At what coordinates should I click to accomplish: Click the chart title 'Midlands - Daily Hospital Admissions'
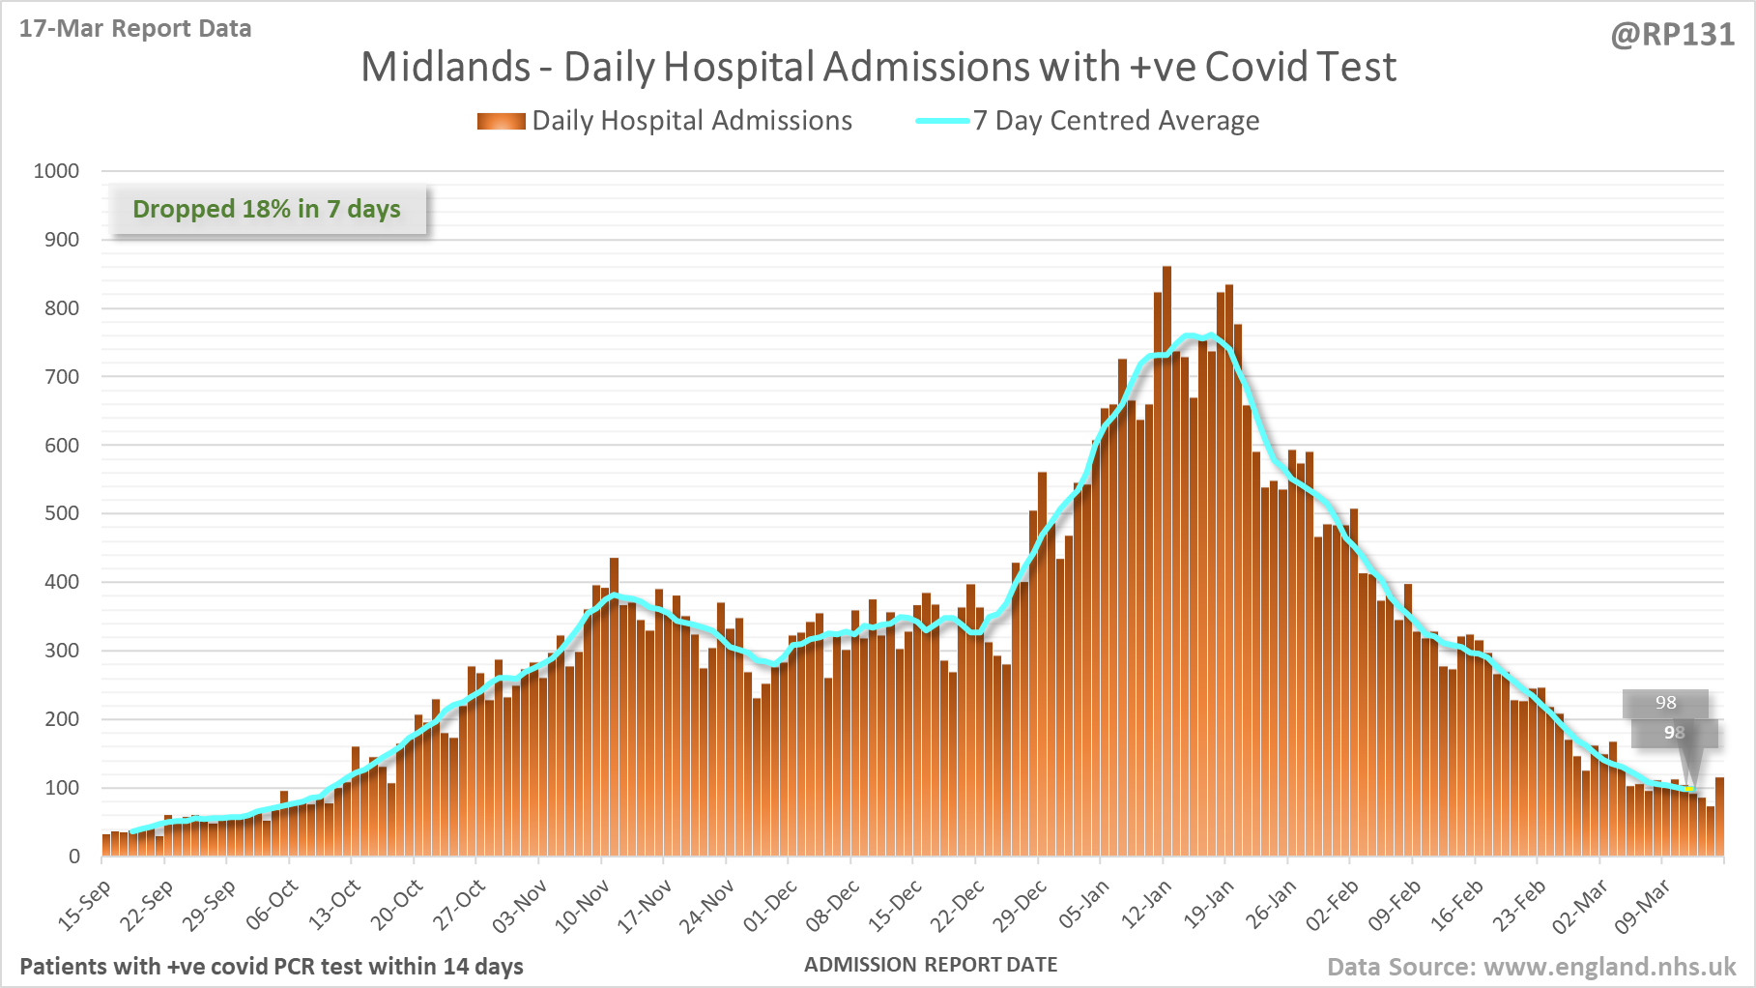click(x=878, y=68)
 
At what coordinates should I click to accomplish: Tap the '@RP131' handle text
click(x=1672, y=35)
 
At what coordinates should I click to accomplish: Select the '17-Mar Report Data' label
click(x=135, y=29)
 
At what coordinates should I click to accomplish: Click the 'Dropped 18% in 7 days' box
click(x=267, y=210)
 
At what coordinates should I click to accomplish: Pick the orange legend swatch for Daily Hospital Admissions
click(x=501, y=121)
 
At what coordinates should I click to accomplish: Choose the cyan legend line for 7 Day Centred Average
click(x=942, y=121)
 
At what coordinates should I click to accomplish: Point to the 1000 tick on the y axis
click(x=56, y=171)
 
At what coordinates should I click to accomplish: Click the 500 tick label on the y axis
click(x=62, y=513)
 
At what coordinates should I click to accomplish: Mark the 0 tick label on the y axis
click(x=73, y=857)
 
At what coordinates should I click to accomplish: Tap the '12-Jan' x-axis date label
click(x=1147, y=904)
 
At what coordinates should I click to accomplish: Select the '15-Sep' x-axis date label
click(x=86, y=905)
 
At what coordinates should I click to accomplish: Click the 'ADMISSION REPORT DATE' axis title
click(x=931, y=965)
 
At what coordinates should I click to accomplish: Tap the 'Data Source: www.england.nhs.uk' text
click(x=1531, y=967)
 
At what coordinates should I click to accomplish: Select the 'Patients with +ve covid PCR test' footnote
click(x=272, y=967)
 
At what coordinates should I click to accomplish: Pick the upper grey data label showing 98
click(x=1665, y=703)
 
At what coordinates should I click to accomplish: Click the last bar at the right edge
click(x=1719, y=817)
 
